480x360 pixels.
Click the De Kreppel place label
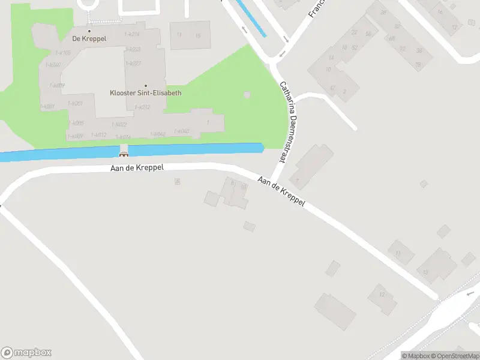[x=89, y=39]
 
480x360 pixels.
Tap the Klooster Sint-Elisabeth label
[x=145, y=93]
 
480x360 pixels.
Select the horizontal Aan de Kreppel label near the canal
[x=137, y=169]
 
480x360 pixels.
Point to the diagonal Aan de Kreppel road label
[x=281, y=191]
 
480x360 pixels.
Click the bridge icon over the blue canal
[x=124, y=154]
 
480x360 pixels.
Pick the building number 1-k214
[x=132, y=34]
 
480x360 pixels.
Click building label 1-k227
[x=133, y=63]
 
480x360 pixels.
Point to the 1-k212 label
[x=142, y=107]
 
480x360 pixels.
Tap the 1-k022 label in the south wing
[x=119, y=124]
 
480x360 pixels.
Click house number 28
[x=383, y=13]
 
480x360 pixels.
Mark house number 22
[x=354, y=33]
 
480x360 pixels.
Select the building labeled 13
[x=425, y=271]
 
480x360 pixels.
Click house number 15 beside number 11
[x=197, y=35]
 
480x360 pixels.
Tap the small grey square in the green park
[x=247, y=95]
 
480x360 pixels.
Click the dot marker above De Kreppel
[x=89, y=31]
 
